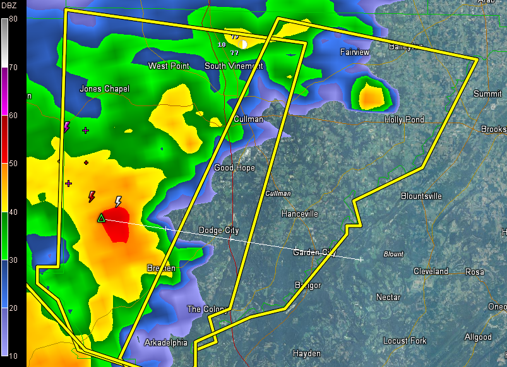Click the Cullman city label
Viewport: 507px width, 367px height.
pyautogui.click(x=248, y=119)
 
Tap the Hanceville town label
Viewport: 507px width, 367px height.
pyautogui.click(x=299, y=214)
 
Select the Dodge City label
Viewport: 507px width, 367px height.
pyautogui.click(x=218, y=231)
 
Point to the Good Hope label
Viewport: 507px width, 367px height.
pyautogui.click(x=234, y=168)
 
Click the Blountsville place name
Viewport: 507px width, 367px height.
pyautogui.click(x=421, y=196)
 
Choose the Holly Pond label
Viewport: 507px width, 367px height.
pyautogui.click(x=404, y=119)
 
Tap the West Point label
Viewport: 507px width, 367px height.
pyautogui.click(x=169, y=66)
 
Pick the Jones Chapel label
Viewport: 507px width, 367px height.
pyautogui.click(x=104, y=89)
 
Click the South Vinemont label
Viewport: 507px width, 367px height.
pyautogui.click(x=234, y=66)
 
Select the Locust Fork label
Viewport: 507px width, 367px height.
pyautogui.click(x=405, y=340)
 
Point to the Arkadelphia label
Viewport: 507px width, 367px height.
pyautogui.click(x=166, y=342)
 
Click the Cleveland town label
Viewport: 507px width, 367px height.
pyautogui.click(x=431, y=272)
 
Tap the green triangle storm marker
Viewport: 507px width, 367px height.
pyautogui.click(x=100, y=218)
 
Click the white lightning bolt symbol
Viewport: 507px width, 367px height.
pyautogui.click(x=118, y=202)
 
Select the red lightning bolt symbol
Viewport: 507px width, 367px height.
pyautogui.click(x=92, y=196)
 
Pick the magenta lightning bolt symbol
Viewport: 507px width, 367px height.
pyautogui.click(x=66, y=127)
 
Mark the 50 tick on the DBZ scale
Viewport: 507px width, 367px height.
pyautogui.click(x=13, y=164)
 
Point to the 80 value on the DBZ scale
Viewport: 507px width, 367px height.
pyautogui.click(x=13, y=19)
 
